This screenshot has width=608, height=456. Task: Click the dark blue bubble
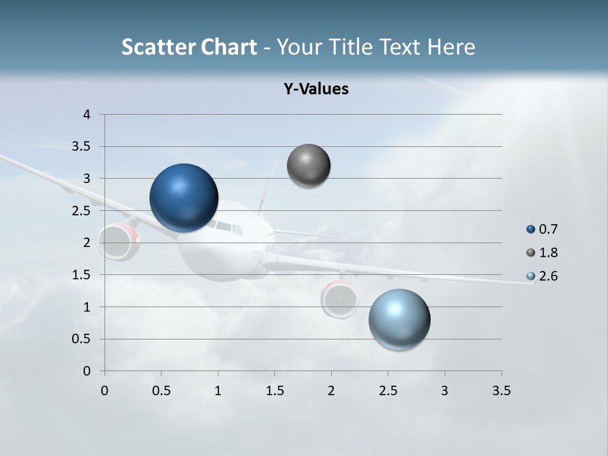(184, 198)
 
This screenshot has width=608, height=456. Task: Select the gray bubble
(308, 166)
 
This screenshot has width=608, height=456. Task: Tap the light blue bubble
(400, 319)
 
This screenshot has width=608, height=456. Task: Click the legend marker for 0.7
(531, 229)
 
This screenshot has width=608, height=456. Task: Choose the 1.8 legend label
(548, 253)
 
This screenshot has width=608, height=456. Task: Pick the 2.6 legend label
(548, 276)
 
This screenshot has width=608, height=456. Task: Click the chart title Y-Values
(316, 89)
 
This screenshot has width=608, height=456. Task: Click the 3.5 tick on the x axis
(501, 391)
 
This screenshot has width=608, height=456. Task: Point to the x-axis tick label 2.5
(388, 391)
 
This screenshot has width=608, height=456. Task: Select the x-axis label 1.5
(274, 391)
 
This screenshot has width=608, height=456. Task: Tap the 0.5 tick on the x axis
(161, 391)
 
